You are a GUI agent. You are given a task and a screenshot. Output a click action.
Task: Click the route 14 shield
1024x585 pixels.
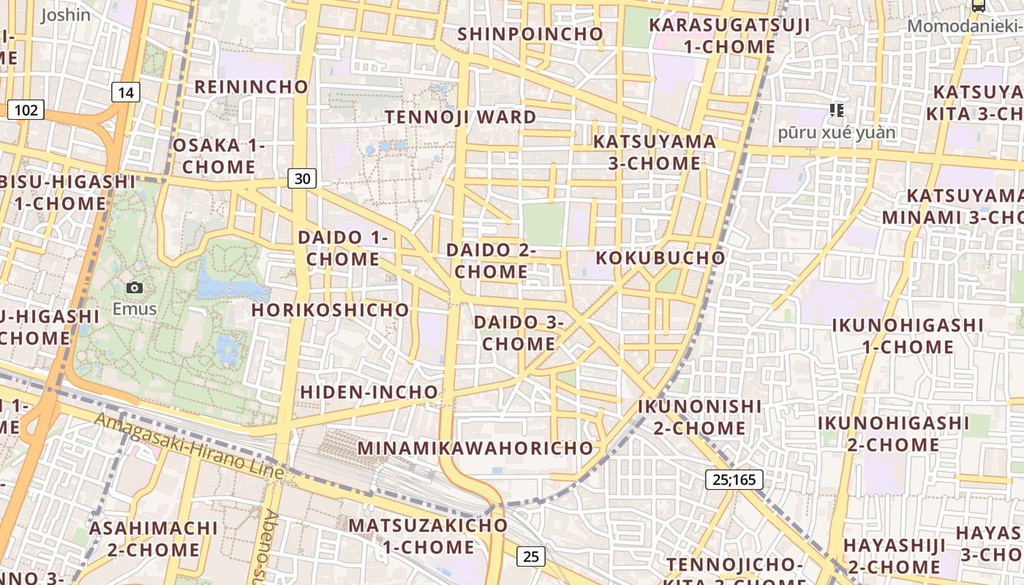pos(126,92)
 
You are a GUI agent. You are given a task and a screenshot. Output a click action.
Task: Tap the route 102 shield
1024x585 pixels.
pos(26,110)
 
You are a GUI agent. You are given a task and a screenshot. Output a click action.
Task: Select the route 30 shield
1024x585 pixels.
pos(302,178)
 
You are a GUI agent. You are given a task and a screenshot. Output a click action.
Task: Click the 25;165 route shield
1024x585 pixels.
pos(734,480)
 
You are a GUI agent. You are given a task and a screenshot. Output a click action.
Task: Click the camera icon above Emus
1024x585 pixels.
pos(135,287)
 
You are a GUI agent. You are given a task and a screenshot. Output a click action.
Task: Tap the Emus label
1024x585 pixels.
pos(135,309)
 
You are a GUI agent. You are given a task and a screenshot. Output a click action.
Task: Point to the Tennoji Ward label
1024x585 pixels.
pos(461,117)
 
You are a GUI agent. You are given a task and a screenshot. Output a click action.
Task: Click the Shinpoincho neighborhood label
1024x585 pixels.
pos(530,34)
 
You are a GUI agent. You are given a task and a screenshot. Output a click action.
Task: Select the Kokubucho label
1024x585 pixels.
pos(660,258)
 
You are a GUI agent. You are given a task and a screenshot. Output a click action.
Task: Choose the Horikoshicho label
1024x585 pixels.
pos(331,310)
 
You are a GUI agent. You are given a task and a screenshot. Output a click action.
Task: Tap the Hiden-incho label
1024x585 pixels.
pos(369,392)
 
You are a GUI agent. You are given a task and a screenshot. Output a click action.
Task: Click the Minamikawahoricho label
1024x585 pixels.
pos(475,448)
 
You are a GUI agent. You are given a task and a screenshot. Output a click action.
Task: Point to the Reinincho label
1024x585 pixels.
pos(252,86)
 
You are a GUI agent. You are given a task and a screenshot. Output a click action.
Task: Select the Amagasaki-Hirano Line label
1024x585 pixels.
pos(189,445)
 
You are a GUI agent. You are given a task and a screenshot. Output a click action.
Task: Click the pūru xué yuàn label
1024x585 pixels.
pos(837,133)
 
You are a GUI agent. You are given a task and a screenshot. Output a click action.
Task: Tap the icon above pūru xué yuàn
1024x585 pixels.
pos(837,110)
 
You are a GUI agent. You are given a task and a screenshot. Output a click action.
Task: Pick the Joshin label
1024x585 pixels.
pos(66,15)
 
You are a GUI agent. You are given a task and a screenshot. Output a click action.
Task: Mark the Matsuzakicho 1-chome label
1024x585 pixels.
pos(428,536)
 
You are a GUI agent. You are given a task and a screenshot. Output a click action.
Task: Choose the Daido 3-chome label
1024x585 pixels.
pos(519,333)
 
